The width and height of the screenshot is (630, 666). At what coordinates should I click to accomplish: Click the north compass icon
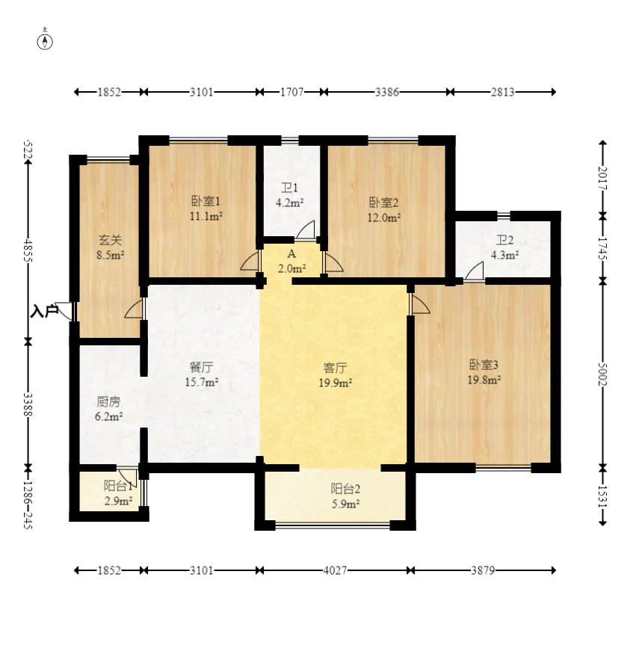[46, 40]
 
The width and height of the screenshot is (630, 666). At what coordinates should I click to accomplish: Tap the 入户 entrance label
[44, 311]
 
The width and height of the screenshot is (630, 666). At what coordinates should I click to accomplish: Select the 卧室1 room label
[205, 201]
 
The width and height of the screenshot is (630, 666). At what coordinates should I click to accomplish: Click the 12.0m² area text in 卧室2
[384, 218]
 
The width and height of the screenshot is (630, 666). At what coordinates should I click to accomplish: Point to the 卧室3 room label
[484, 365]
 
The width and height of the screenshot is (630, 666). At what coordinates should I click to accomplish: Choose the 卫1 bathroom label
[289, 188]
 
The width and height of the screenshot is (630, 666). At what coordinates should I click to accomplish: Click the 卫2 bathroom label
[504, 240]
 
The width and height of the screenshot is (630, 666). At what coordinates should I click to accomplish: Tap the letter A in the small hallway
[291, 254]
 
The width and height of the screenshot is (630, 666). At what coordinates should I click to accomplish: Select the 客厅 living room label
[334, 368]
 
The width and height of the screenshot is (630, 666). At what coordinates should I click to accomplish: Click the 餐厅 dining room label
[201, 368]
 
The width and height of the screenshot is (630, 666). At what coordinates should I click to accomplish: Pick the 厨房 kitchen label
[109, 401]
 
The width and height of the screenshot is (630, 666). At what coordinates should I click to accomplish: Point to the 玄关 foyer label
[110, 240]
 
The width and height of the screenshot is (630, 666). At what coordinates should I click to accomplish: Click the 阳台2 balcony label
[345, 489]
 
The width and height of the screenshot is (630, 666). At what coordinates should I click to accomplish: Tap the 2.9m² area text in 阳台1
[118, 501]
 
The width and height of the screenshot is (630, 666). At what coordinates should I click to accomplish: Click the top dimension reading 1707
[291, 92]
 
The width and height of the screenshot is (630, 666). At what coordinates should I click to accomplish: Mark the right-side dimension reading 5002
[603, 374]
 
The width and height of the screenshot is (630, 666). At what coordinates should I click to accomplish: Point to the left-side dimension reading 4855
[28, 250]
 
